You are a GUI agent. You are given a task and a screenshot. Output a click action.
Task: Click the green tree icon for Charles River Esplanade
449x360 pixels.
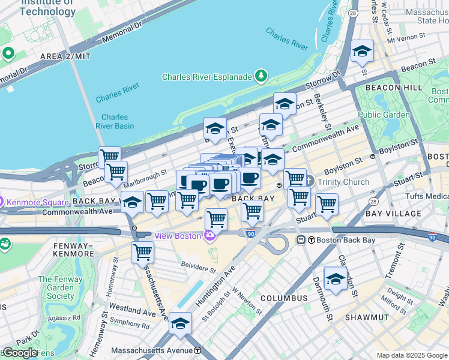point(261,76)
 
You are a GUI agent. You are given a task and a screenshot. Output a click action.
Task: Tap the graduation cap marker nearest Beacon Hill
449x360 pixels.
point(362,52)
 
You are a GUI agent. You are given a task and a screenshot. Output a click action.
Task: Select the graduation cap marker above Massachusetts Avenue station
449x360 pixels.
point(180,324)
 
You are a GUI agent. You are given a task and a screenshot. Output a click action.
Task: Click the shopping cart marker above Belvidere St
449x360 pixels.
point(142,253)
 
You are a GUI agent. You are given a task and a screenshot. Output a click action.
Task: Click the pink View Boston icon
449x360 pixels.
point(209,236)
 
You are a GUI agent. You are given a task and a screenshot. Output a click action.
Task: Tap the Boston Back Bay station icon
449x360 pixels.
point(302,240)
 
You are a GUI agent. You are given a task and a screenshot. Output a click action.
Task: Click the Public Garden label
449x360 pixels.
point(384,115)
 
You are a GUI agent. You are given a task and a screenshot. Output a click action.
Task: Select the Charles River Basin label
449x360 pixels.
point(114,121)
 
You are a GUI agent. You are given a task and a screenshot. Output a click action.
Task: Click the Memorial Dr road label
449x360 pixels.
point(122,34)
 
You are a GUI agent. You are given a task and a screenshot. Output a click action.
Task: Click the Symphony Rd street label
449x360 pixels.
point(129,325)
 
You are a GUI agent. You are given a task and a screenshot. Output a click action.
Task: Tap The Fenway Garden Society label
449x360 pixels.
point(56,287)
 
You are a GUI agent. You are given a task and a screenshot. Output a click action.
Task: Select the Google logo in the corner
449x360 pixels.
point(20,353)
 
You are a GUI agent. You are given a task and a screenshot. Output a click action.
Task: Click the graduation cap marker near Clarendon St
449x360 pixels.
point(336,279)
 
